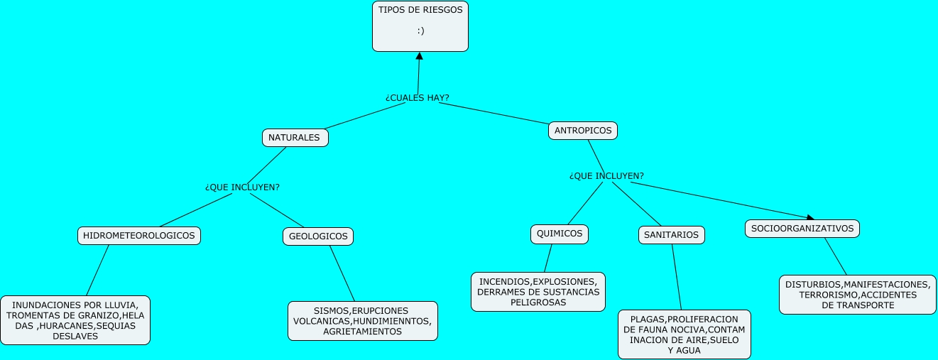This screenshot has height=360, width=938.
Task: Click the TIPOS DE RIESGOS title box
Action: point(420,26)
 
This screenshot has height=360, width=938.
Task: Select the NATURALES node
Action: point(295,138)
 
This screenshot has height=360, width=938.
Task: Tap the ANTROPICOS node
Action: point(583,131)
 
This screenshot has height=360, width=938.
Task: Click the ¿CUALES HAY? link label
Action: point(418,97)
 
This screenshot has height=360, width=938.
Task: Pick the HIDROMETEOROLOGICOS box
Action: point(138,236)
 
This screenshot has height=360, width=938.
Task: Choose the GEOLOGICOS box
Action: point(318,236)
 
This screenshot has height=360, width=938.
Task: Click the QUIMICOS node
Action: point(560,234)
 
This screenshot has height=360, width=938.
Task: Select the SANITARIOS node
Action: point(670,235)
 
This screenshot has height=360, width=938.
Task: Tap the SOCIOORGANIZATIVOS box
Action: point(802,229)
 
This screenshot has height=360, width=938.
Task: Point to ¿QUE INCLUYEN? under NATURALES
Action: point(242,187)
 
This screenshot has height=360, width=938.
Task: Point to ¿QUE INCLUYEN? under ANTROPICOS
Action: point(606,175)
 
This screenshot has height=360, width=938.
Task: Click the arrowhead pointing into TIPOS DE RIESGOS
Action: point(420,56)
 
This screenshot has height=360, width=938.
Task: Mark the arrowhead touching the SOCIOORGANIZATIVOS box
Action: point(810,217)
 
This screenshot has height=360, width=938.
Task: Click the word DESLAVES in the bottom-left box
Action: point(75,337)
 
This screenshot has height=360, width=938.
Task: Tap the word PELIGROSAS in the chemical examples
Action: point(538,302)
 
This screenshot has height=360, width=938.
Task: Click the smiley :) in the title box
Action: point(420,31)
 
